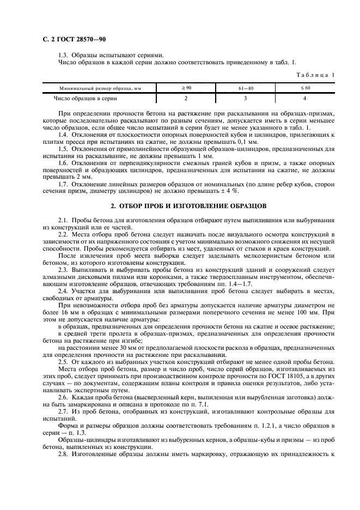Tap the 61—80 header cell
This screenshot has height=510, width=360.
point(245,88)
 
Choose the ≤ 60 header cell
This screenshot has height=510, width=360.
point(305,87)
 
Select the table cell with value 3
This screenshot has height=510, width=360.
point(245,98)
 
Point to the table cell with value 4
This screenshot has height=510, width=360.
point(305,98)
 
